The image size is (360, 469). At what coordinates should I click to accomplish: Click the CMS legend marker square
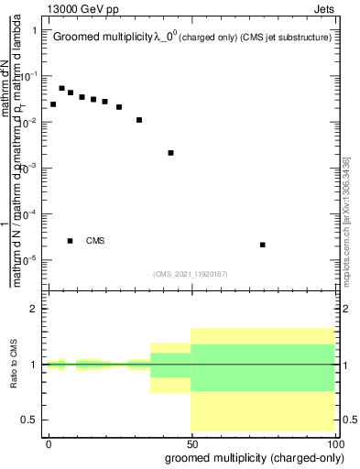coord(71,241)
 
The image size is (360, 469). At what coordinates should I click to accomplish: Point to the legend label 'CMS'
coord(95,241)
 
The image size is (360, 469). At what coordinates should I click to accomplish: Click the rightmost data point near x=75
coord(263,245)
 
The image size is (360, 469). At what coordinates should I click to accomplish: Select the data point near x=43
coord(171,153)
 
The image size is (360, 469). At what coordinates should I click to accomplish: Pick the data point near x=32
coord(139,120)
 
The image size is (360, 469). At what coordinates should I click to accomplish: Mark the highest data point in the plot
coord(62,89)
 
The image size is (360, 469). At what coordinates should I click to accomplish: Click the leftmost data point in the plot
coord(53,104)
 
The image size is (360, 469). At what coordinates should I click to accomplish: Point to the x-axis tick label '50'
coord(191,442)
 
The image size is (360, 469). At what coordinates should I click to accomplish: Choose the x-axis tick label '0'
coord(49,442)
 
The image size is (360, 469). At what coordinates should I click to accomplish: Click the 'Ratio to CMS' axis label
coord(14,364)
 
